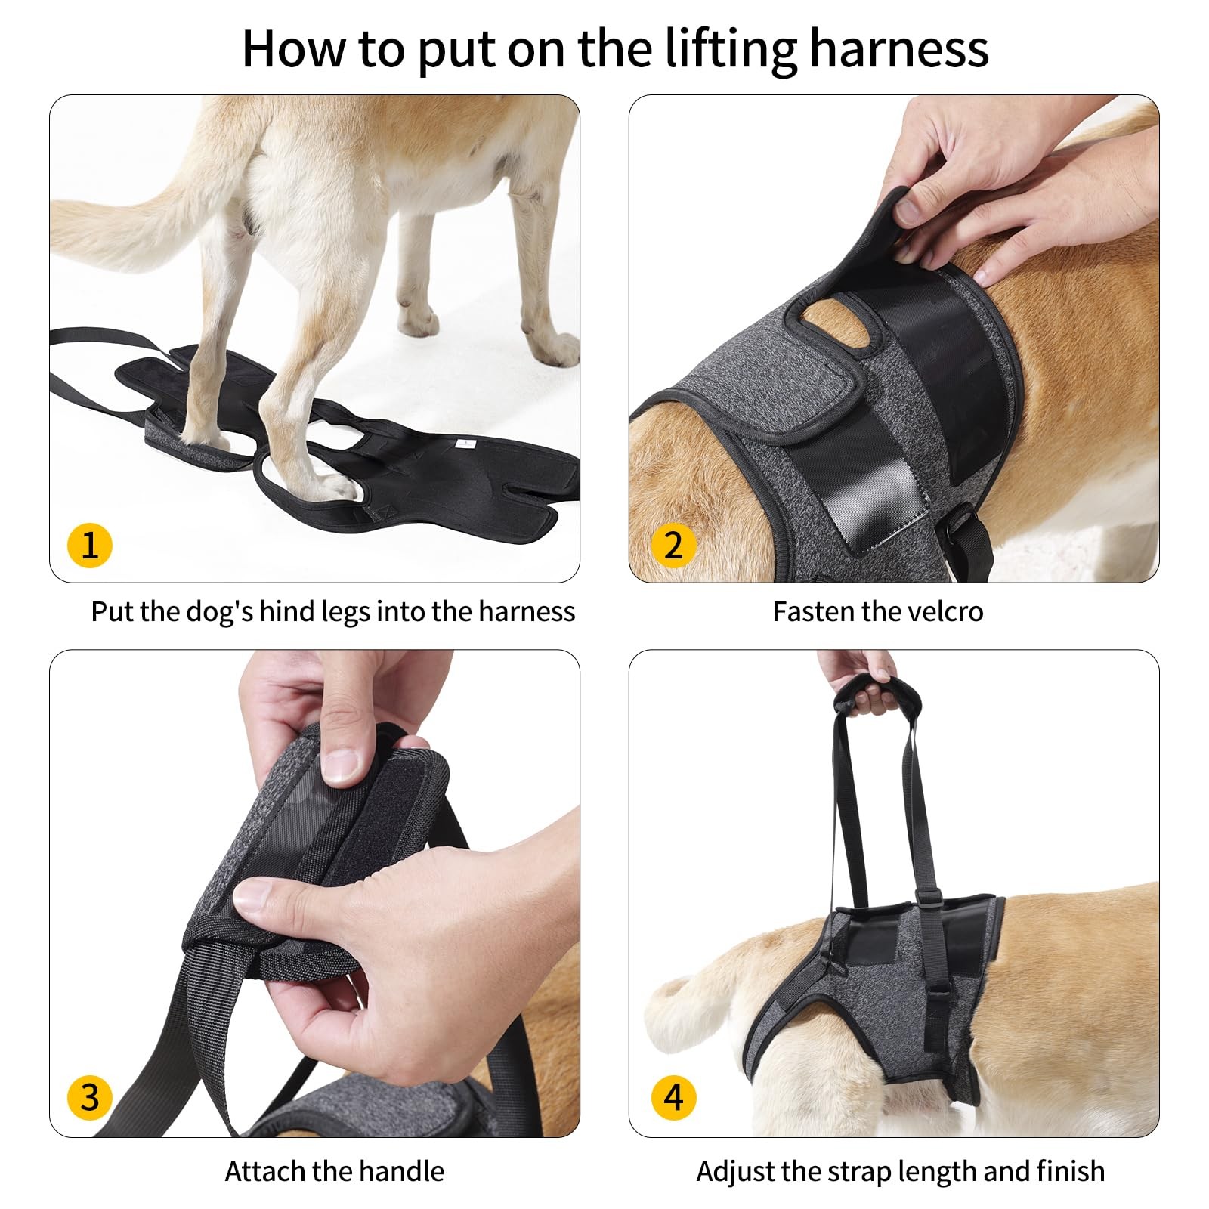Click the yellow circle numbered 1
point(89,545)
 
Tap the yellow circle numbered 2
point(673,545)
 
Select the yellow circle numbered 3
point(89,1097)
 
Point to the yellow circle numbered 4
point(673,1097)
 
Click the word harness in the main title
point(898,49)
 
